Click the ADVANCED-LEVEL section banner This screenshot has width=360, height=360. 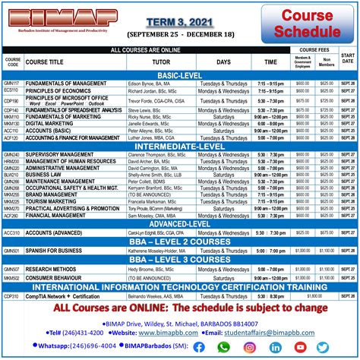tap(180, 223)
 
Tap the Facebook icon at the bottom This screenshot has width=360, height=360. tap(199, 347)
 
